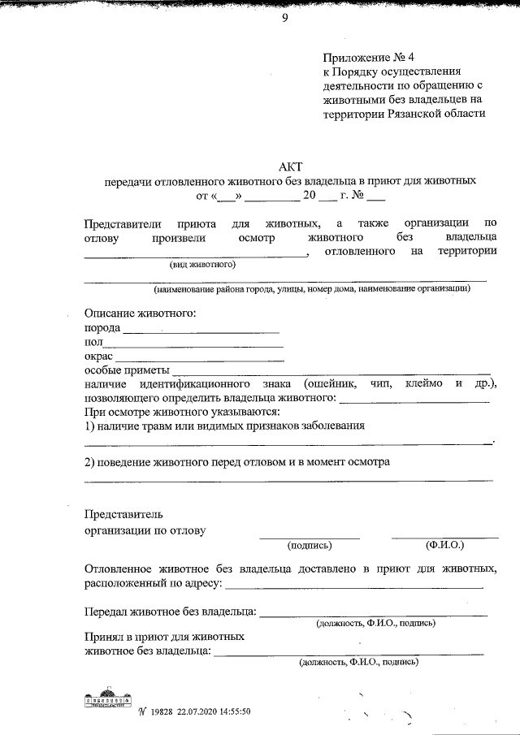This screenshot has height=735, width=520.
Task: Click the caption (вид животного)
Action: pyautogui.click(x=202, y=265)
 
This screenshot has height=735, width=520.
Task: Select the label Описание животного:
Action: pyautogui.click(x=140, y=313)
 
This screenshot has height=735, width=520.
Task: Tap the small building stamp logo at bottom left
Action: pyautogui.click(x=108, y=700)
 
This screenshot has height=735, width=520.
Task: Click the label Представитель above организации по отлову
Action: pyautogui.click(x=123, y=514)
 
